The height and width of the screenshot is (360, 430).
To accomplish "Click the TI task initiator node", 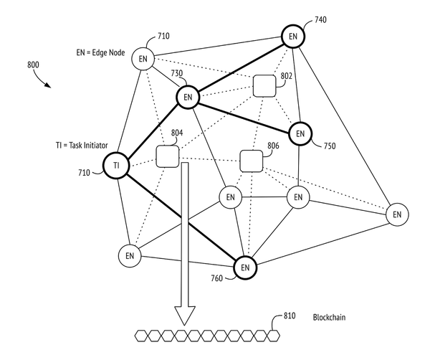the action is pos(116,166).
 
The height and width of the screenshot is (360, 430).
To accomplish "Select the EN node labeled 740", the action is pos(293,37).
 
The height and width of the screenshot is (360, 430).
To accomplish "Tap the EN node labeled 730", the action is pos(188,97).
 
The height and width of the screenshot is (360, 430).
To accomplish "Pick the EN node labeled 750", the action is pos(300,133).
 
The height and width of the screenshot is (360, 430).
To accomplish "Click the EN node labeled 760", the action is pos(245,267).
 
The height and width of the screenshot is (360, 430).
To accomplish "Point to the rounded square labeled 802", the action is pos(264,86).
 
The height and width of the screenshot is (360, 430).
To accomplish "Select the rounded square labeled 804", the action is pos(167,156).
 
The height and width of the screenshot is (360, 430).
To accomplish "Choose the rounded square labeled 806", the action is pos(252,161).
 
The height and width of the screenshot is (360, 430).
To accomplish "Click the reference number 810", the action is pos(290,316).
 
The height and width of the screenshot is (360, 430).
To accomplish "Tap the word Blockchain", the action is pos(329,318).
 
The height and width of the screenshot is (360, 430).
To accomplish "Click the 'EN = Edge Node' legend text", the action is pos(100,52).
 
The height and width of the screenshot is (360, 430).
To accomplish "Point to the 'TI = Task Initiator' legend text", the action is pos(82,145).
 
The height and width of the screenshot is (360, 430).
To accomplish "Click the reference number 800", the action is pos(33,65).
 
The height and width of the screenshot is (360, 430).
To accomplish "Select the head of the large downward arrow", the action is pos(185,316).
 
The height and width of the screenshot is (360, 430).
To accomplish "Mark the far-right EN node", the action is pos(397,214).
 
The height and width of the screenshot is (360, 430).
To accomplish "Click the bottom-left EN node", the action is pos(130,256).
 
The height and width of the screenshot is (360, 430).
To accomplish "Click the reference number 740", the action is pos(320,20).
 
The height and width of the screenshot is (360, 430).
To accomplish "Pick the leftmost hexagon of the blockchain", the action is pos(141,336).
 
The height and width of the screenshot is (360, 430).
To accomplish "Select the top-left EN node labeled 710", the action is pos(143,59).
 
